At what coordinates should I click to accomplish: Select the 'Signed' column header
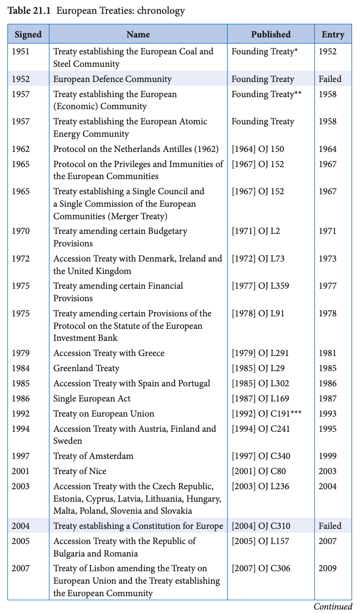[28, 34]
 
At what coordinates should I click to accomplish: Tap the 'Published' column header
[270, 34]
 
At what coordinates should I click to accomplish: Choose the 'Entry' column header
[333, 34]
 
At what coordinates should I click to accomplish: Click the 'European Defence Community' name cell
[112, 79]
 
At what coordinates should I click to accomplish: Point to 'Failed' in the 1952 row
[330, 79]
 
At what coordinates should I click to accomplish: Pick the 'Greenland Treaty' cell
[86, 368]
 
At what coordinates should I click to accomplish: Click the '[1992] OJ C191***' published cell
[266, 414]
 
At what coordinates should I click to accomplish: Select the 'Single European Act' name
[92, 399]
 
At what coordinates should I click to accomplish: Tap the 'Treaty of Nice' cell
[80, 471]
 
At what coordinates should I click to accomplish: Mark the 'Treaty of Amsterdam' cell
[93, 456]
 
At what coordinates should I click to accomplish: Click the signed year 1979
[21, 353]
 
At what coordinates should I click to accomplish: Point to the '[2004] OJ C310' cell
[261, 526]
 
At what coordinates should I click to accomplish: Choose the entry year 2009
[327, 569]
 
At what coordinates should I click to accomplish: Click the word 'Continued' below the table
[333, 606]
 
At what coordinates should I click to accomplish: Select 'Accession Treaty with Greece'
[109, 353]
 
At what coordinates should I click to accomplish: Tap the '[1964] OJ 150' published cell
[258, 149]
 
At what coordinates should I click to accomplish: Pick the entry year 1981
[327, 353]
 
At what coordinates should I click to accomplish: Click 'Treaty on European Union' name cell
[104, 414]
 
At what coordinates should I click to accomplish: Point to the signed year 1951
[21, 52]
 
